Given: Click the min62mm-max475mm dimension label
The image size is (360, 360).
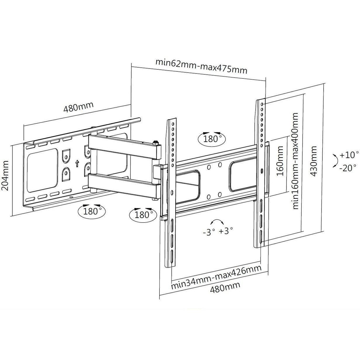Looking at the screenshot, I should pyautogui.click(x=201, y=67).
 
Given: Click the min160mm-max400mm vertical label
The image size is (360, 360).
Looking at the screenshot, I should pyautogui.click(x=295, y=160).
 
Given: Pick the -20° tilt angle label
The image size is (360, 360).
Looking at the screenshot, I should pyautogui.click(x=348, y=168).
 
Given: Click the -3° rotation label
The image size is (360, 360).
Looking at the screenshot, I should pyautogui.click(x=208, y=232).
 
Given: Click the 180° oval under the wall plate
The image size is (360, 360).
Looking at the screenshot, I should pyautogui.click(x=91, y=211).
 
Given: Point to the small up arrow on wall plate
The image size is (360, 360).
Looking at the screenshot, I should pyautogui.click(x=77, y=163).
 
